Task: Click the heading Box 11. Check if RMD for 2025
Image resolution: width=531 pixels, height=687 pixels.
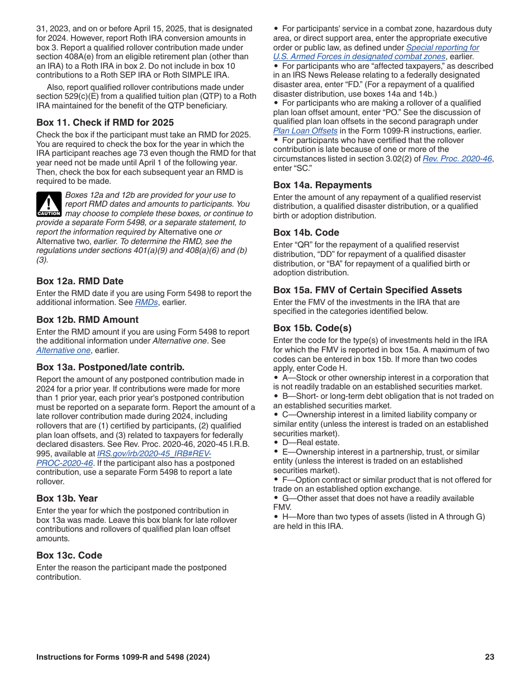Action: [105, 122]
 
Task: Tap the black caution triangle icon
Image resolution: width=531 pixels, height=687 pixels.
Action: [49, 204]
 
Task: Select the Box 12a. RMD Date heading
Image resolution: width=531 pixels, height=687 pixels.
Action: [80, 281]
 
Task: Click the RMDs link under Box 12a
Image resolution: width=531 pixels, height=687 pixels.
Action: [146, 302]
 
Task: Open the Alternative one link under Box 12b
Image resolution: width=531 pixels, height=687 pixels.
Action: [63, 350]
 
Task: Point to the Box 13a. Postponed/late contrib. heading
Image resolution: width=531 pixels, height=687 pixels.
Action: [110, 367]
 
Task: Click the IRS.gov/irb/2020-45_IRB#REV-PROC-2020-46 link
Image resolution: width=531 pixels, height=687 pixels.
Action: [154, 454]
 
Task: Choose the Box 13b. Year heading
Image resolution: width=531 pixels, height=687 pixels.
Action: [67, 498]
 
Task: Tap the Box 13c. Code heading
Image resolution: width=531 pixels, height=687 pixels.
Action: [69, 555]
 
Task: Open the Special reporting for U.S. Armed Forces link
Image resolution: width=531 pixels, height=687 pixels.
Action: [442, 47]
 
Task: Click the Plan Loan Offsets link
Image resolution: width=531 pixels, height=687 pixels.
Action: [305, 131]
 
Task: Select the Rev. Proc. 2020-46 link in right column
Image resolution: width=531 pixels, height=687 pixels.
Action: [457, 159]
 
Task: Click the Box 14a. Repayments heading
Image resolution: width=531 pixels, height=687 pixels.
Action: [323, 185]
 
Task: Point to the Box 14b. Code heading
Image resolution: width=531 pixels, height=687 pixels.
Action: [306, 232]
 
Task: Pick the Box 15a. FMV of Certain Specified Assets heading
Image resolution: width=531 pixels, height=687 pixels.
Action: [367, 290]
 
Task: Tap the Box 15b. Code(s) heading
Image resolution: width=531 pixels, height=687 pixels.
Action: [312, 328]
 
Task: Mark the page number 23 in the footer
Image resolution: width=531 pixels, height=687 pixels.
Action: [490, 657]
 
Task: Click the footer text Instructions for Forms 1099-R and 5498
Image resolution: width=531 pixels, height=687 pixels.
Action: [123, 657]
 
